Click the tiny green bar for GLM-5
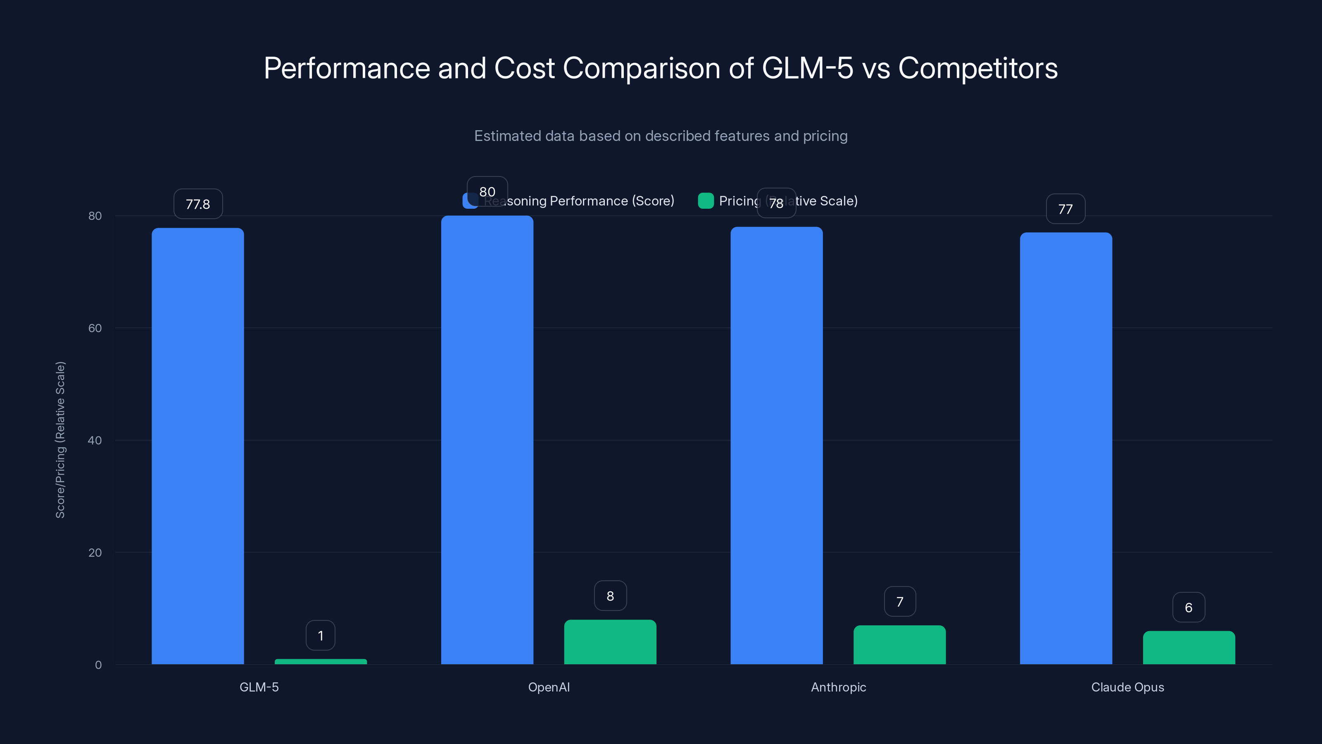321,661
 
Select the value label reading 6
1189,608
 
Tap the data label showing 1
321,636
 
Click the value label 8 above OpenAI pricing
610,596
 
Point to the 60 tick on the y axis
95,328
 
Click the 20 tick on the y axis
95,553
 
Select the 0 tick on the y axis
98,665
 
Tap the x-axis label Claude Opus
1127,687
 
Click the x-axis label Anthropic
838,687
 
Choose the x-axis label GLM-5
259,687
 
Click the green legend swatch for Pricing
706,201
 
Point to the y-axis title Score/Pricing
61,440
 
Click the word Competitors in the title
977,68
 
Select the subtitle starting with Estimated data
661,136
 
